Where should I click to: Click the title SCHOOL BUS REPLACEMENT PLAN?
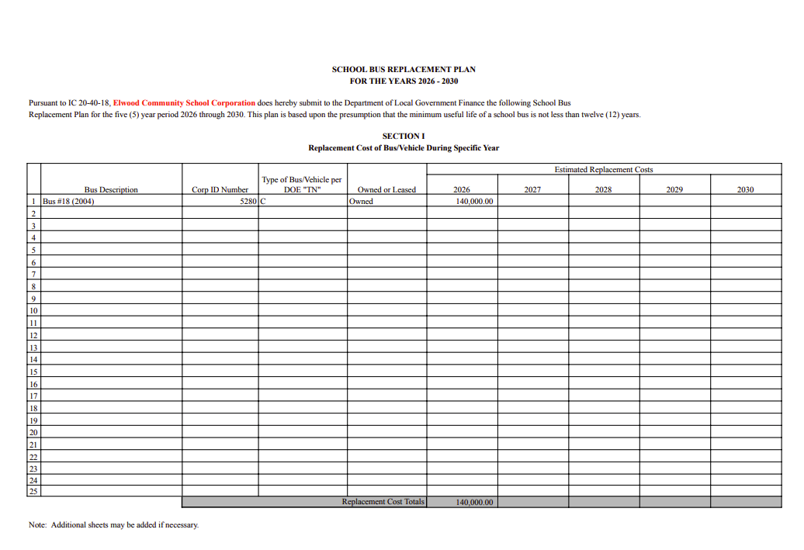click(x=404, y=69)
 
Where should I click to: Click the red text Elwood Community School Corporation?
click(x=184, y=102)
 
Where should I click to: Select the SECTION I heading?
click(x=404, y=136)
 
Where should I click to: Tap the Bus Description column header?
click(x=111, y=189)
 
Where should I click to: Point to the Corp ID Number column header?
click(x=220, y=189)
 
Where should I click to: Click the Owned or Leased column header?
click(x=386, y=189)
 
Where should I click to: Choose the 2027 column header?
click(x=532, y=189)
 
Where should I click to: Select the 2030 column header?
click(x=745, y=189)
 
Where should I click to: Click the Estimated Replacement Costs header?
click(x=604, y=169)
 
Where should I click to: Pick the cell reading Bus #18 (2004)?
click(x=68, y=201)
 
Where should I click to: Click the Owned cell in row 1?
click(x=361, y=201)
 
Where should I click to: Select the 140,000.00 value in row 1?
click(x=475, y=201)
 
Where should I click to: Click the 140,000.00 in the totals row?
click(x=475, y=502)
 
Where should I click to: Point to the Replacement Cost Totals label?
click(x=383, y=502)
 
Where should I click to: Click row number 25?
click(x=33, y=490)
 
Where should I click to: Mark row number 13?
click(x=33, y=347)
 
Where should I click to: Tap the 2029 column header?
click(x=674, y=189)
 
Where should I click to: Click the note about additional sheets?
click(x=113, y=524)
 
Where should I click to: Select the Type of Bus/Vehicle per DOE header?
click(x=302, y=185)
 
